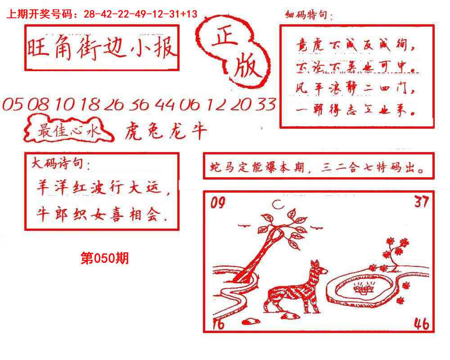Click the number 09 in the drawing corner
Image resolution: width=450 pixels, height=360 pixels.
[218, 203]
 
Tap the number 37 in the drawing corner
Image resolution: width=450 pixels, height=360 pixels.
[422, 202]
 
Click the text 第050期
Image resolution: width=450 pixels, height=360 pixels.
[104, 258]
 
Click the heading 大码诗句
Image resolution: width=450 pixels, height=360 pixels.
[60, 164]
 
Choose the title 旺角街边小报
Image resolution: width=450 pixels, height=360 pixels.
[101, 48]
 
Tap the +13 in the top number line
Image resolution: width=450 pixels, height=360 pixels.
[189, 14]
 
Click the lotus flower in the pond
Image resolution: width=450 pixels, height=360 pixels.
[364, 288]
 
